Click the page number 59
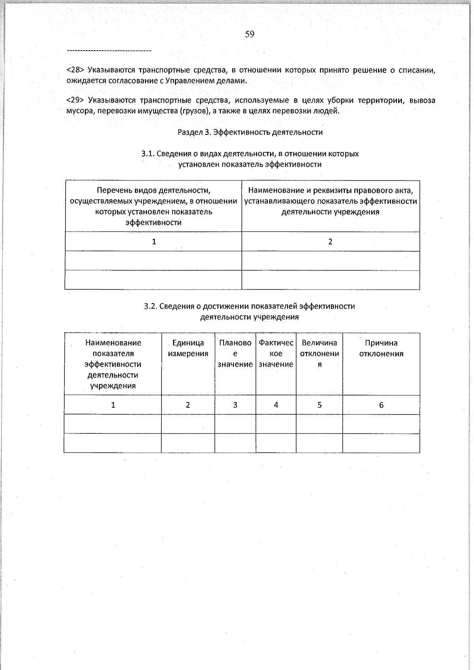coord(250,34)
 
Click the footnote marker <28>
coord(75,70)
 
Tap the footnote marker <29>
coord(75,100)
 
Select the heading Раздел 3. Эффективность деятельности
coord(250,132)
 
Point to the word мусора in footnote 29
coord(79,111)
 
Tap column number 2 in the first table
coord(330,242)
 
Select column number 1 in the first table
coord(154,242)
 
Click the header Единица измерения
coord(188,348)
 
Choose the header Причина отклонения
coord(381,348)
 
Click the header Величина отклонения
coord(319,354)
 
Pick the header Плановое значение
coord(235,354)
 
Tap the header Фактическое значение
coord(276,354)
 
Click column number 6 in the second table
coord(381,405)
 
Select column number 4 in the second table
coord(276,405)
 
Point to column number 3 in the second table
coord(235,405)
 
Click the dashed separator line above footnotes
coord(109,51)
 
